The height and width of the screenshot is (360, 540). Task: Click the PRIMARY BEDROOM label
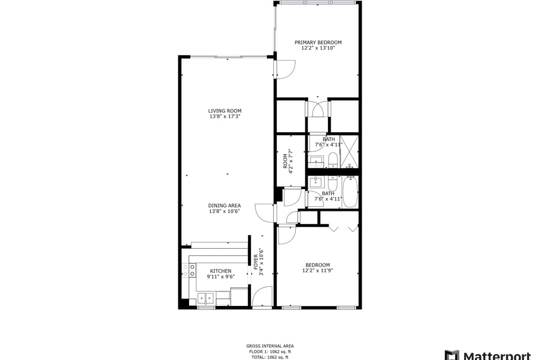(x=318, y=42)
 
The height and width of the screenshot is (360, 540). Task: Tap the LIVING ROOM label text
(x=224, y=111)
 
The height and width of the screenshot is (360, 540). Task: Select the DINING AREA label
(x=224, y=205)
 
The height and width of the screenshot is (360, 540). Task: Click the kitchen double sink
(x=205, y=298)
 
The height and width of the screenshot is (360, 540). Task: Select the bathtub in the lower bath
(x=350, y=191)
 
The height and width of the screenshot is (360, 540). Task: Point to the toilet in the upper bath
(x=332, y=160)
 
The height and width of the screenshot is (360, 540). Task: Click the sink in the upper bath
(x=317, y=162)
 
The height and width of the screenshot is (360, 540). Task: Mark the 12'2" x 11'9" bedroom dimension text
(x=317, y=271)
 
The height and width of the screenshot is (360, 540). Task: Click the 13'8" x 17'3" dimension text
(x=224, y=117)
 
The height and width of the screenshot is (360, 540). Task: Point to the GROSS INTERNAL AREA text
(x=269, y=346)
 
